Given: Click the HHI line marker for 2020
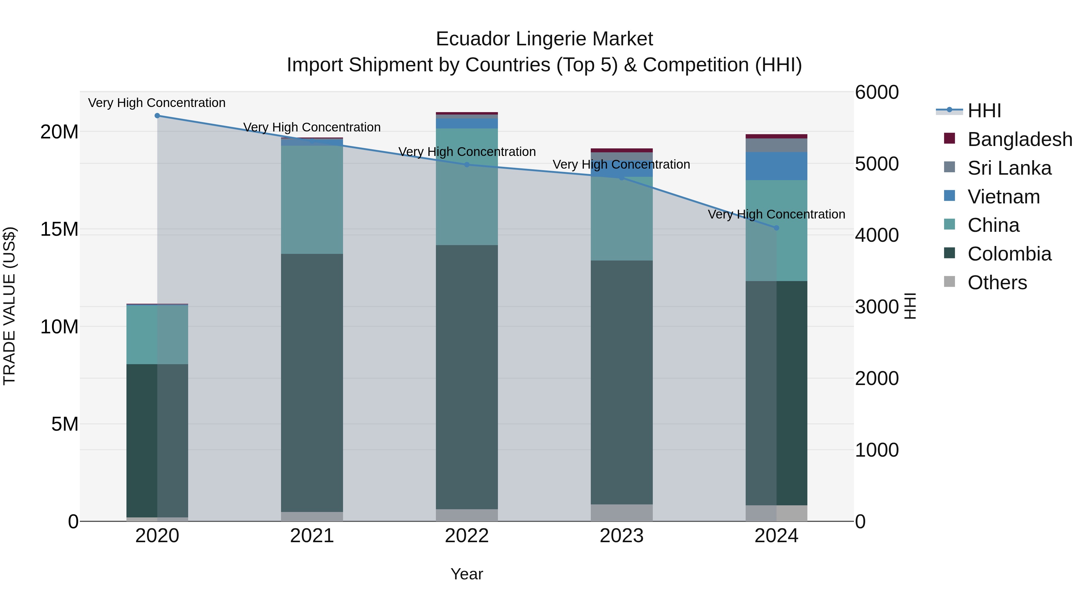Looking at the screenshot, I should tap(157, 116).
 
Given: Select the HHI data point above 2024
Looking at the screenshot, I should tap(776, 228).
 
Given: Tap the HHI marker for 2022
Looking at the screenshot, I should tap(467, 165).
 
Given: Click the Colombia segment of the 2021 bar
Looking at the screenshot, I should tap(312, 382).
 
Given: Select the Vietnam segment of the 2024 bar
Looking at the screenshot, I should tap(776, 166).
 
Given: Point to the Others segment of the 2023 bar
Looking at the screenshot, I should tap(621, 513).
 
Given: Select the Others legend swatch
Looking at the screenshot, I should tap(950, 282).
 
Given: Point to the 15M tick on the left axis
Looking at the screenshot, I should tap(59, 229).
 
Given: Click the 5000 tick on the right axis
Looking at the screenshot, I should tap(877, 164).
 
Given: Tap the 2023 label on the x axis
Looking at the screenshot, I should tap(621, 536).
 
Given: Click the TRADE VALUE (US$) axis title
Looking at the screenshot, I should tap(9, 306).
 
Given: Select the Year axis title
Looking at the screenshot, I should tap(467, 574).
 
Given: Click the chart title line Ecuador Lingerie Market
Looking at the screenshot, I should tap(544, 39).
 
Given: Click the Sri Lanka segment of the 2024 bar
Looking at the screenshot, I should tap(776, 145).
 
